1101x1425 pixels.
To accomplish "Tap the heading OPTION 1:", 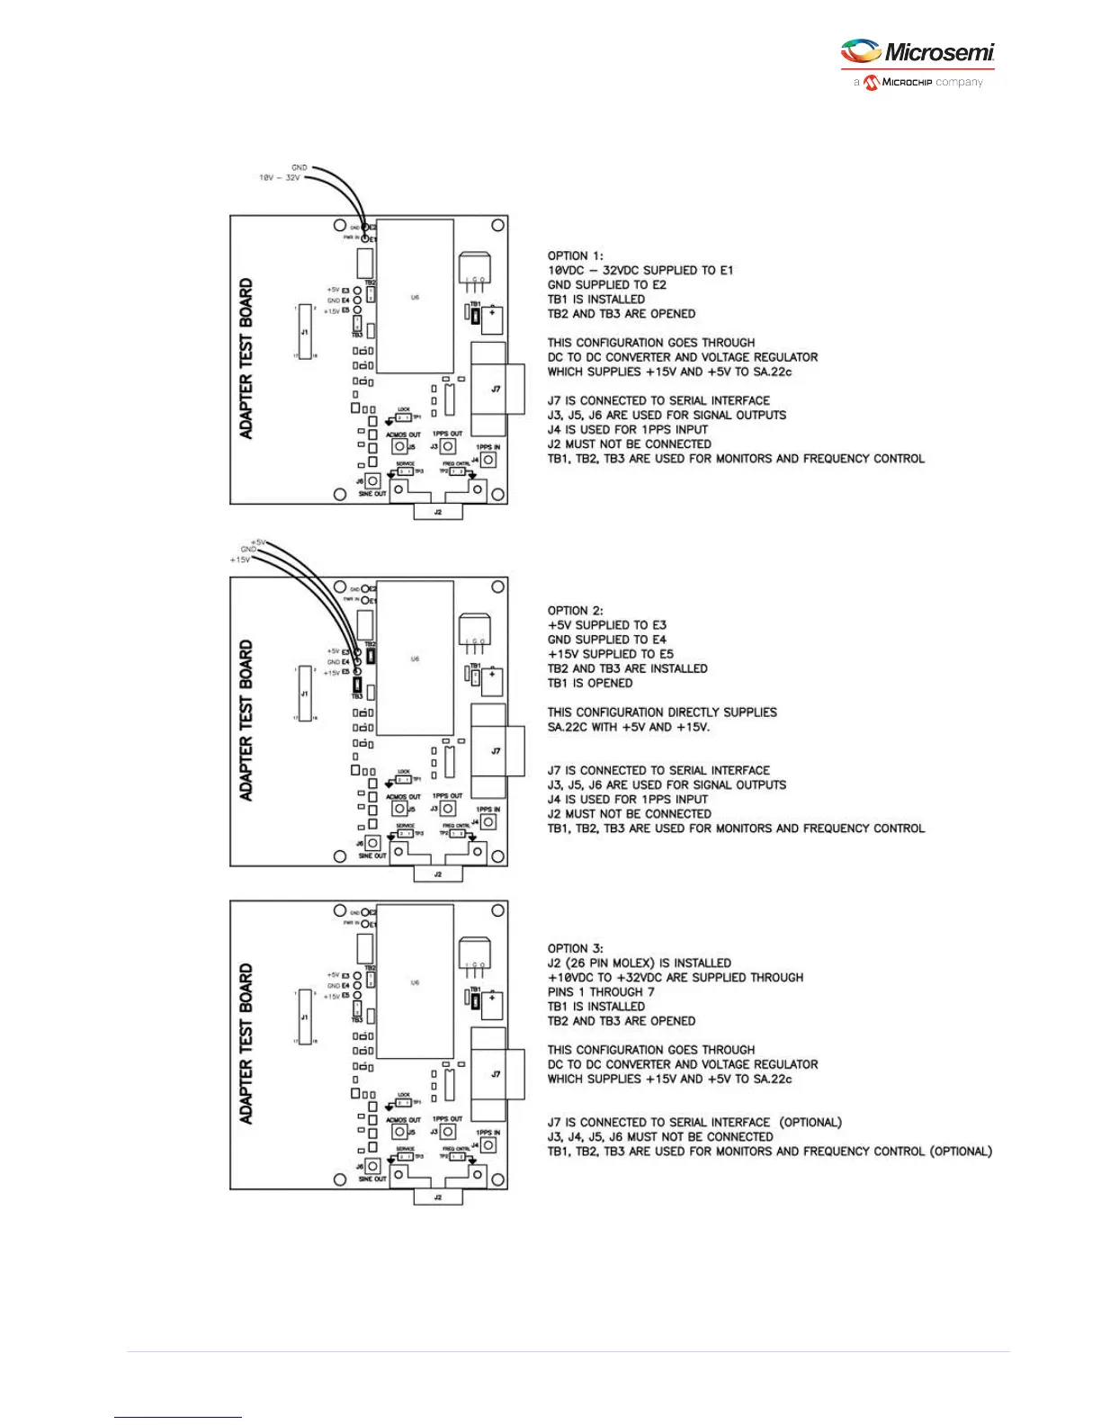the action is pos(576,255).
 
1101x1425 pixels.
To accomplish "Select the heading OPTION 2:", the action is pos(576,610).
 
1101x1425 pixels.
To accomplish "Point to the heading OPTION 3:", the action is pos(576,948).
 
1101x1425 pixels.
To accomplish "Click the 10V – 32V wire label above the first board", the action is pos(280,178).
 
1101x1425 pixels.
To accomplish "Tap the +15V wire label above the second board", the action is pos(240,560).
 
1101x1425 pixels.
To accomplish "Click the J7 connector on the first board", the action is pos(496,389).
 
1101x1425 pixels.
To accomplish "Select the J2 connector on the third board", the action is pos(438,1196).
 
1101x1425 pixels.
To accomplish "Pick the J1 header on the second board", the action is pos(305,694).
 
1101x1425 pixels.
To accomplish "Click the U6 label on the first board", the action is pos(415,297).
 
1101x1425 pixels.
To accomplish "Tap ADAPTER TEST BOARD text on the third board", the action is pos(246,1044).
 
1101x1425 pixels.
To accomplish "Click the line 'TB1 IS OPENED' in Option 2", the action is pos(590,683).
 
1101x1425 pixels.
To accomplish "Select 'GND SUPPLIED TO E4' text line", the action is pos(607,640).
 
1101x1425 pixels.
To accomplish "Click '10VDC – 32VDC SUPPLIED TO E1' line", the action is pos(640,270).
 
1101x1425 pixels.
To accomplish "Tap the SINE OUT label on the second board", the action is pos(372,856).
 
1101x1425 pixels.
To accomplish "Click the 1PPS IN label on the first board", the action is pos(488,447).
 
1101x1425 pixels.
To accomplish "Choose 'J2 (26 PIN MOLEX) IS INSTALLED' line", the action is pos(640,963).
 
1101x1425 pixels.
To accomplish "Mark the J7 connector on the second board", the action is pos(496,750).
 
